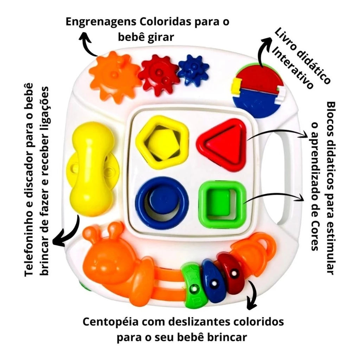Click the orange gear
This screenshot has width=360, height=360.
coord(114,77)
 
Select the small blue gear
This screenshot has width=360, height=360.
coord(193,69)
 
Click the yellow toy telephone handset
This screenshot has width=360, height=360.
coord(92,168)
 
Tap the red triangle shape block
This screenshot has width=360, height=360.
coord(222,144)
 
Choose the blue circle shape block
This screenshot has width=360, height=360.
coord(162,203)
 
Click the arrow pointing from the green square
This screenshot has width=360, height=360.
coord(274,196)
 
